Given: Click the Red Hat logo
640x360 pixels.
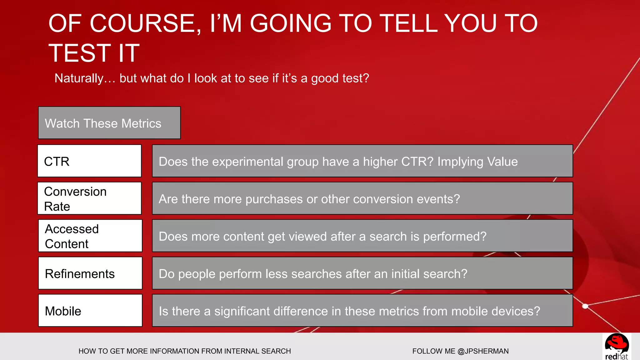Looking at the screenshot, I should tap(616, 347).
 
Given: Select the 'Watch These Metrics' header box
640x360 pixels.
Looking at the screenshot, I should tap(109, 123).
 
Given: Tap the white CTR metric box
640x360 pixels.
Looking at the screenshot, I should tap(89, 161).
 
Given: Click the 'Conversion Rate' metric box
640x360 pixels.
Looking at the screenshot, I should tap(89, 198).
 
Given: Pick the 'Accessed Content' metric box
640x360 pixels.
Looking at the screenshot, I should tap(90, 236).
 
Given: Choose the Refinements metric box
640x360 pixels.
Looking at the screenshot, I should tap(90, 273).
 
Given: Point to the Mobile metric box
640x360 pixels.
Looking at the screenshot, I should tap(90, 311).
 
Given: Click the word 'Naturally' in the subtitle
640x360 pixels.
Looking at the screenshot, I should tap(79, 78).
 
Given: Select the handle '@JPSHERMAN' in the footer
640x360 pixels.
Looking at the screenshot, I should tap(483, 351).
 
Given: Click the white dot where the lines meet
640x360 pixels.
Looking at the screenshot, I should tap(585, 306).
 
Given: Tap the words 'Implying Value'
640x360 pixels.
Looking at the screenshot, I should tap(477, 162).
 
